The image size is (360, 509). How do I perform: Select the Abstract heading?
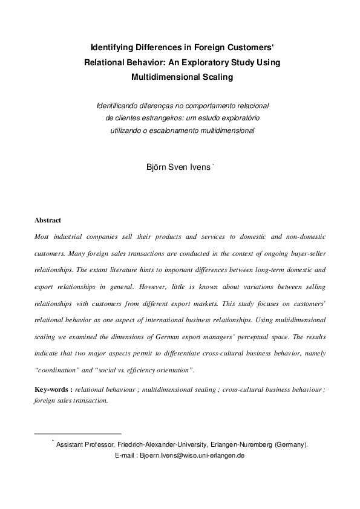tap(48, 221)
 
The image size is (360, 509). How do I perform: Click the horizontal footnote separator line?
tap(78, 433)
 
